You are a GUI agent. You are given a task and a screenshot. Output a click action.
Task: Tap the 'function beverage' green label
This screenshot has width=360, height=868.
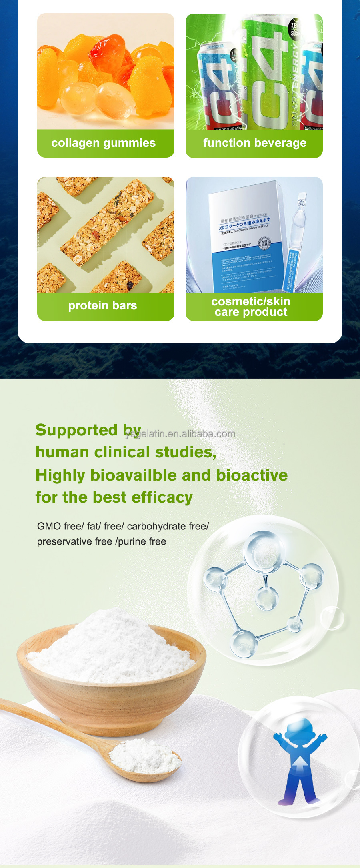point(254,143)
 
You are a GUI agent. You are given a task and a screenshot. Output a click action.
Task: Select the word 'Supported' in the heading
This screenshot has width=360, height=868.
point(76,430)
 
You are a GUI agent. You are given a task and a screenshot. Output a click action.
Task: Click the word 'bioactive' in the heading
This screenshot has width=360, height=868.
point(252,475)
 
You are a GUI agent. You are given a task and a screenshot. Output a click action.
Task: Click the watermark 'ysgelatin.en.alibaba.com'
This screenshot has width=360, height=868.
point(180,434)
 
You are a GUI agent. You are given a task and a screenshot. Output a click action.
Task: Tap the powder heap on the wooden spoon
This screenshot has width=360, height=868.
point(144,757)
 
